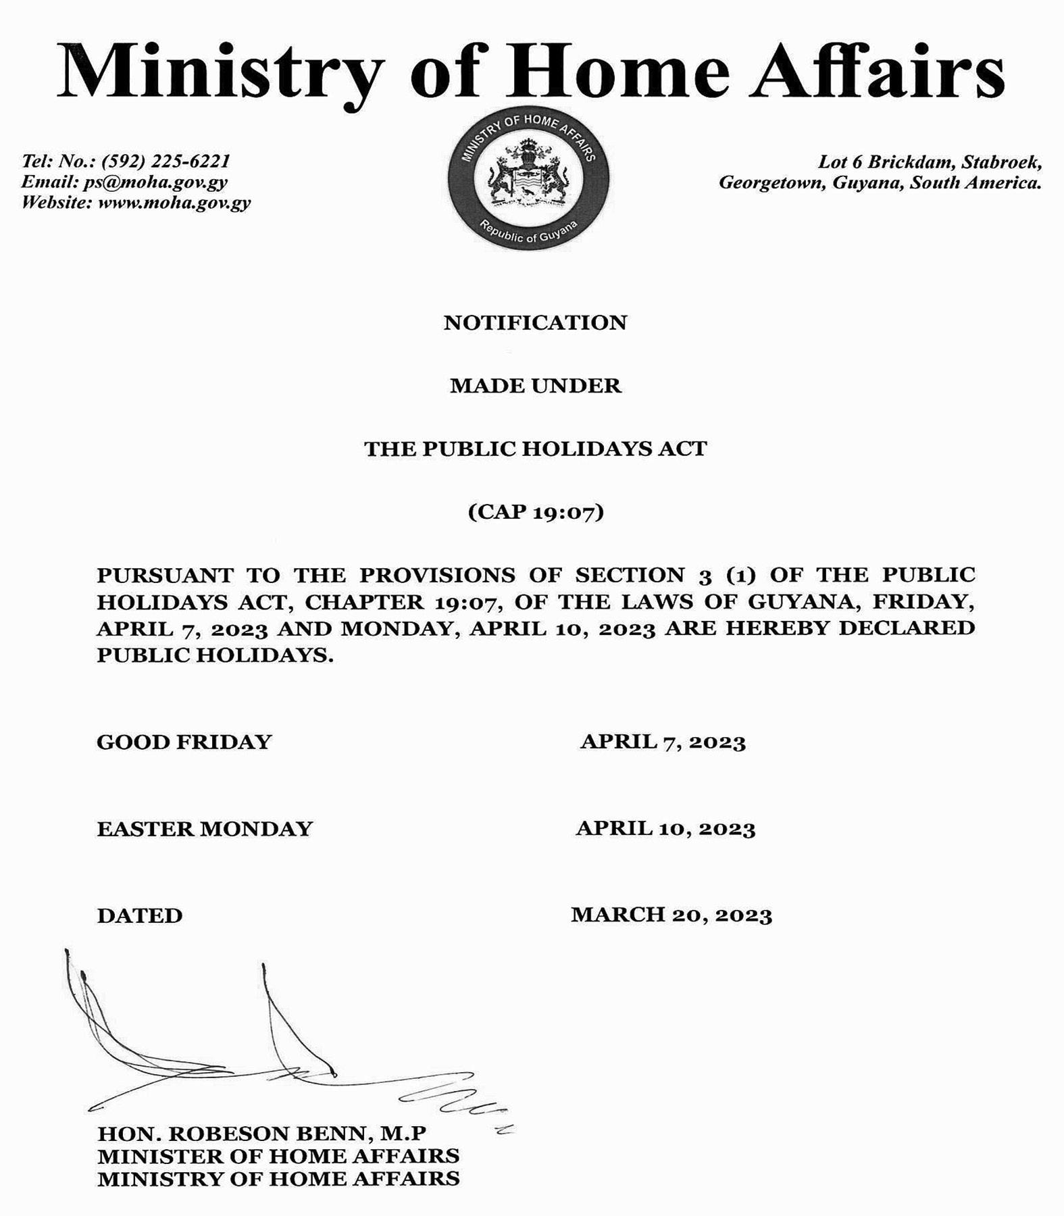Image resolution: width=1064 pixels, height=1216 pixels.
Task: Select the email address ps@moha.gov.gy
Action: click(155, 182)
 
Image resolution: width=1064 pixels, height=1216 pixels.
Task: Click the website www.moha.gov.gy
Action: click(174, 203)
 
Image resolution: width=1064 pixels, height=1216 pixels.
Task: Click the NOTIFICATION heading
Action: click(535, 322)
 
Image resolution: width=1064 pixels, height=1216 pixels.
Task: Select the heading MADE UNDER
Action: click(535, 386)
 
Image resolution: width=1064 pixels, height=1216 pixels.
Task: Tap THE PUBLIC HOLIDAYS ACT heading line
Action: click(535, 449)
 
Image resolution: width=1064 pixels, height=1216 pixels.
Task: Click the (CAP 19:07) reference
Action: click(535, 511)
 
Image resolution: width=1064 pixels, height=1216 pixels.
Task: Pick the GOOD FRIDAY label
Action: click(184, 742)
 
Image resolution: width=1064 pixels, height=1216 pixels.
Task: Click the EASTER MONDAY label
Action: click(205, 828)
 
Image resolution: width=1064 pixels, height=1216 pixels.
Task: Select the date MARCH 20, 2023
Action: click(671, 915)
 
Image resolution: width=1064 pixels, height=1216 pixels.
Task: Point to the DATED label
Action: click(140, 915)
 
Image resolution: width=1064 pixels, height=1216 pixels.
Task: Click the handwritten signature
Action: click(270, 1054)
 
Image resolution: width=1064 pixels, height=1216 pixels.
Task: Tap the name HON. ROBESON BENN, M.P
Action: click(262, 1133)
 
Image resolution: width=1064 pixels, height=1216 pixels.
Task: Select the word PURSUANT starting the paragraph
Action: click(166, 575)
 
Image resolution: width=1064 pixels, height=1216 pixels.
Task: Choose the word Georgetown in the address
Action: click(771, 182)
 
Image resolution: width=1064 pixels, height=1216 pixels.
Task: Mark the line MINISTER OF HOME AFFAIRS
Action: click(278, 1156)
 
